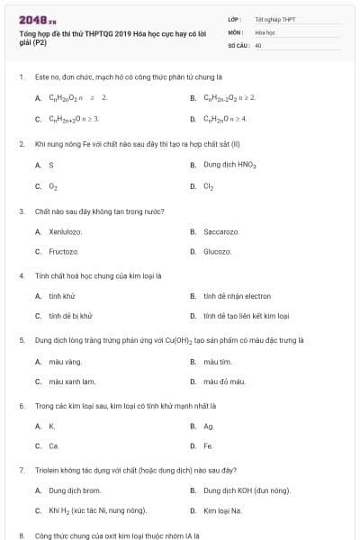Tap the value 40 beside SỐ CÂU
pos(258,44)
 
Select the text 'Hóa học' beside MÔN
pos(265,31)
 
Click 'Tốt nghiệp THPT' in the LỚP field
pos(274,19)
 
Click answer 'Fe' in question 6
pos(208,445)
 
